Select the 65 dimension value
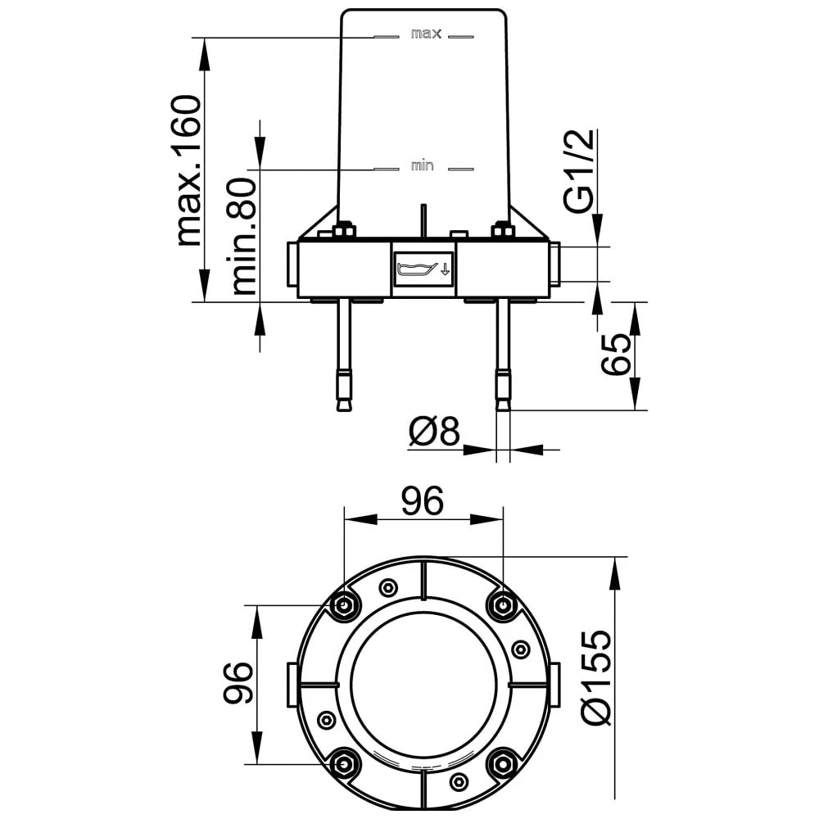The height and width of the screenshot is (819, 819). click(617, 354)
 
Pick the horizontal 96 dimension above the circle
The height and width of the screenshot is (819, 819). click(422, 500)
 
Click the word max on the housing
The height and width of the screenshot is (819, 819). click(426, 34)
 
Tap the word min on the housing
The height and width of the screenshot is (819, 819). click(422, 166)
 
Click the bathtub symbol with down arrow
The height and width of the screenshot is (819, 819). click(423, 268)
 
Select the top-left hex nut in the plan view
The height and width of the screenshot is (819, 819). click(343, 606)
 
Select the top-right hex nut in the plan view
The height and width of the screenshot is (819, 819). click(501, 606)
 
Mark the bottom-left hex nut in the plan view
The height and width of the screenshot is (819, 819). click(343, 764)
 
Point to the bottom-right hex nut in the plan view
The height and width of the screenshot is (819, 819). click(501, 764)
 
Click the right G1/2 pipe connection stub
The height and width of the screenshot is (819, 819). click(555, 264)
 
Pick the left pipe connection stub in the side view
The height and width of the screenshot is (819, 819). click(292, 264)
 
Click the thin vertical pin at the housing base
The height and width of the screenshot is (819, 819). click(423, 221)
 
